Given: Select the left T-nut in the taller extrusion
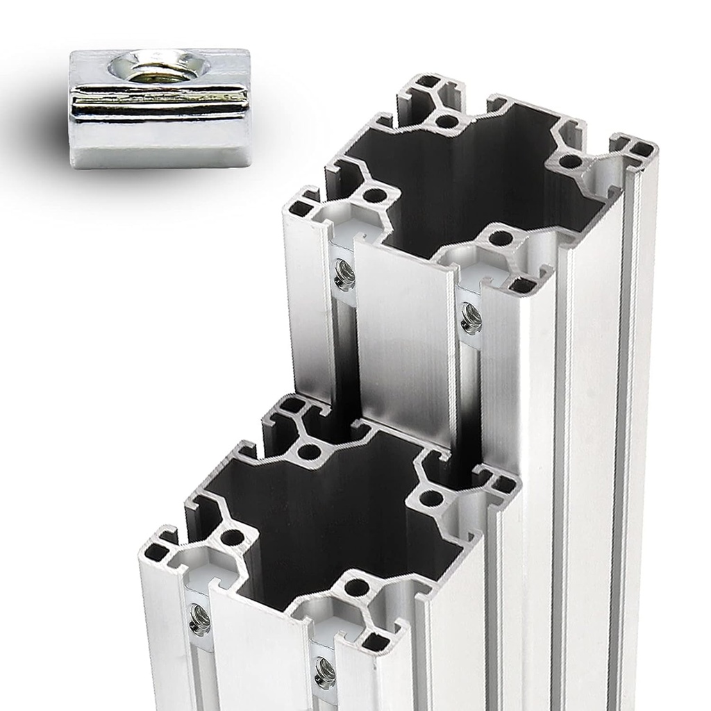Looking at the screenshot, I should coord(344,275).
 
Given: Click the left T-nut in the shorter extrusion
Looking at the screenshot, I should coord(200,619).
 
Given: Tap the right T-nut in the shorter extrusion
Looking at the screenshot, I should coord(324,672).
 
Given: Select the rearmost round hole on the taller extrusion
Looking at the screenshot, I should coord(448,122).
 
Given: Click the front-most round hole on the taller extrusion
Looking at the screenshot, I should coord(501,238).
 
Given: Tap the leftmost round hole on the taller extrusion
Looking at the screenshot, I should coord(374,195).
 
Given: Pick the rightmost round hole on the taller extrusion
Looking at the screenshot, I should coord(570,162).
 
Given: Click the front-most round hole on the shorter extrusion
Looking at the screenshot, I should coord(357,587).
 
